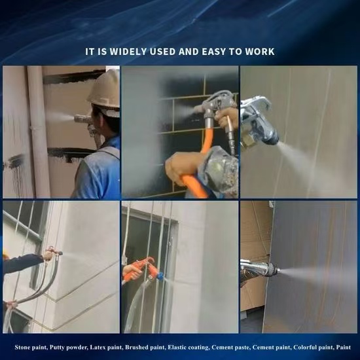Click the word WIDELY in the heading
pos(128,52)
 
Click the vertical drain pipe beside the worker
pos(39,132)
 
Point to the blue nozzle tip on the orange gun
pos(160,276)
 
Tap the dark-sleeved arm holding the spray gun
pos(23,263)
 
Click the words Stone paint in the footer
pos(31,348)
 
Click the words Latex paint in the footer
pos(105,348)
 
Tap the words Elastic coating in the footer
pos(189,348)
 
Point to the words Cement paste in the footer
pos(230,348)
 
